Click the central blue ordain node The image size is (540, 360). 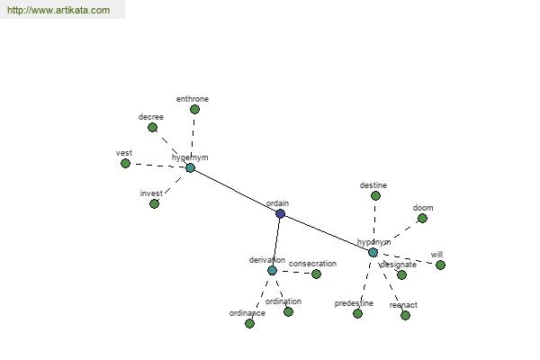(x=280, y=213)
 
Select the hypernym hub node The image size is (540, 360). (x=190, y=167)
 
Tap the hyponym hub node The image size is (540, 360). (x=373, y=252)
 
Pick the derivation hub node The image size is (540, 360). (x=272, y=270)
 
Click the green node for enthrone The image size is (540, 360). (x=194, y=110)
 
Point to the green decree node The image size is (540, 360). (x=152, y=127)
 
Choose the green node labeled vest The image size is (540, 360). (x=126, y=163)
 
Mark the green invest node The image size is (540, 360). (x=154, y=203)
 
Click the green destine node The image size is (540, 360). (x=375, y=195)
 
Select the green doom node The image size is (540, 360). (x=422, y=218)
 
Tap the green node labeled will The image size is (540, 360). (x=440, y=265)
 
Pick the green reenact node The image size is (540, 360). (x=405, y=315)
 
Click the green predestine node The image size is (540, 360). (x=357, y=313)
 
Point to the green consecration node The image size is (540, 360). (x=316, y=274)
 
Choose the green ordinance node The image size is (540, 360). (x=249, y=323)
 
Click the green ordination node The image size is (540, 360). (x=288, y=311)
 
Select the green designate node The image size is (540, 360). (x=401, y=274)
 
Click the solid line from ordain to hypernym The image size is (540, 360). (x=235, y=191)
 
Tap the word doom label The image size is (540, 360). (x=423, y=208)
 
